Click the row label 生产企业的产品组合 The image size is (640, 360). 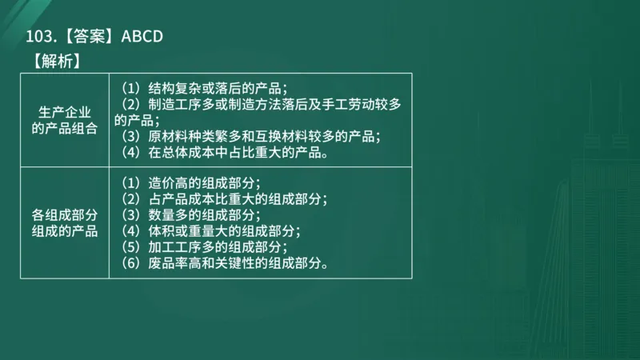[65, 119]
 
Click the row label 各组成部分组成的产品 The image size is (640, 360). [65, 223]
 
